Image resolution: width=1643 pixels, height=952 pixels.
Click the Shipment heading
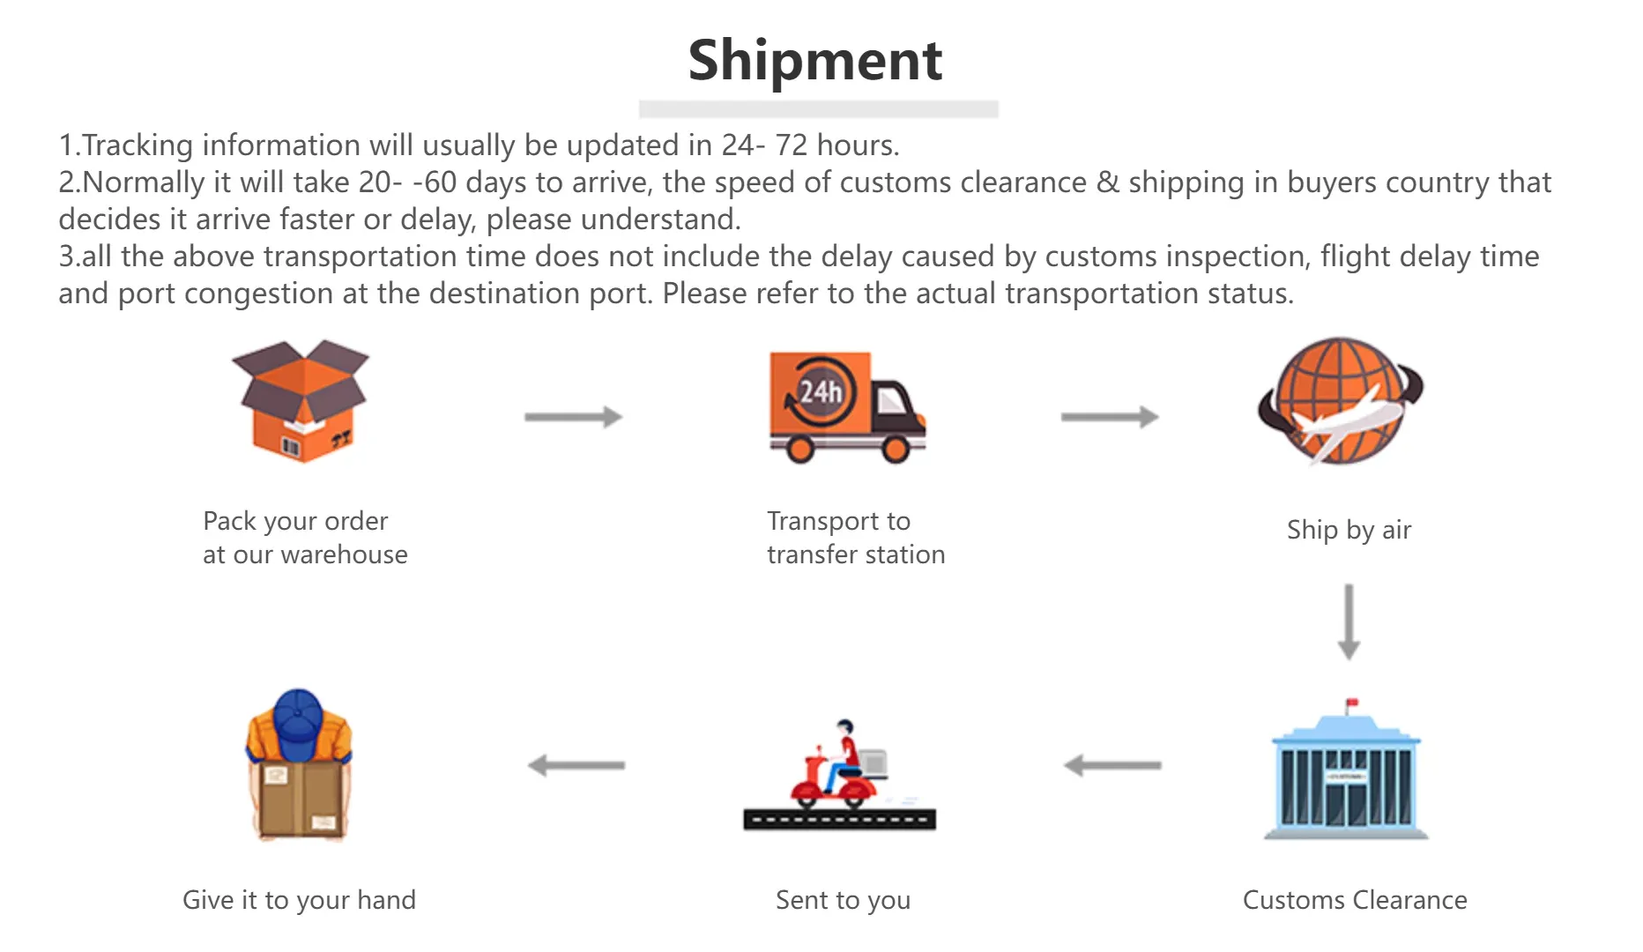(x=815, y=62)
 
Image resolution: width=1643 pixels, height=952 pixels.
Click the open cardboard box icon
(x=301, y=401)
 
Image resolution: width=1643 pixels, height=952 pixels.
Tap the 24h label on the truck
(x=821, y=391)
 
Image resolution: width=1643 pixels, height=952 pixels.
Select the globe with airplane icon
(x=1341, y=401)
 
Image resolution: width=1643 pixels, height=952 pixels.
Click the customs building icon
(x=1346, y=769)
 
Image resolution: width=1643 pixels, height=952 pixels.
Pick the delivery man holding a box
(x=299, y=764)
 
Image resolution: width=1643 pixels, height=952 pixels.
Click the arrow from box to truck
(x=574, y=417)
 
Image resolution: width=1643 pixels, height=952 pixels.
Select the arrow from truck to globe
(x=1110, y=417)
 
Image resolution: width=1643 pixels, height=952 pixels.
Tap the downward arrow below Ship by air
(x=1349, y=621)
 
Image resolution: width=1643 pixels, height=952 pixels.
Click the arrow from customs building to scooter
(x=1112, y=765)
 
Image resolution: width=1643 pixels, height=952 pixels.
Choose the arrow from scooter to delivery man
(x=576, y=765)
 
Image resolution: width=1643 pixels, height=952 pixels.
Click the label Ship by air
(x=1349, y=530)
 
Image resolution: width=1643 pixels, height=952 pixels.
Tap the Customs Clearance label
(x=1355, y=900)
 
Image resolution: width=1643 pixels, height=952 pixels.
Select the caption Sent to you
(x=843, y=900)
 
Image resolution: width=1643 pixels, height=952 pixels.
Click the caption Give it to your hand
(x=299, y=900)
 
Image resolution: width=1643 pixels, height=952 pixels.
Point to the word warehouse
(x=344, y=554)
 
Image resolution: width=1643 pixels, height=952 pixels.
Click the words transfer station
(x=856, y=554)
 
